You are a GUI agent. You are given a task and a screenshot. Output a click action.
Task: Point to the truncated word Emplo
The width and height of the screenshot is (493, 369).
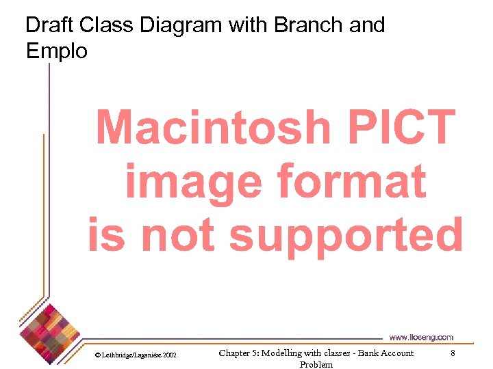pos(57,51)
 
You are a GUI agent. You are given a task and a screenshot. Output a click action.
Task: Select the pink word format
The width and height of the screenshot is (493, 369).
pos(351,182)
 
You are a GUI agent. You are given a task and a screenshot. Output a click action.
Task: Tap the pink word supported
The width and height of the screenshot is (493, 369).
pos(346,236)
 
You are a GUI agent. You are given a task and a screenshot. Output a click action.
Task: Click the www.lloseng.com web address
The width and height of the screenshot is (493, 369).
pos(421,338)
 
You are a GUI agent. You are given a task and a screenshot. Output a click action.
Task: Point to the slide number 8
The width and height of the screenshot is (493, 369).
pos(452,353)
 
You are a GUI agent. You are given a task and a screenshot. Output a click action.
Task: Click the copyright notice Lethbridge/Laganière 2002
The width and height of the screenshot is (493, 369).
pos(136,356)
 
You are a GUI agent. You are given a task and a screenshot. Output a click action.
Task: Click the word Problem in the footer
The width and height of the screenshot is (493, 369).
pos(316,364)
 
